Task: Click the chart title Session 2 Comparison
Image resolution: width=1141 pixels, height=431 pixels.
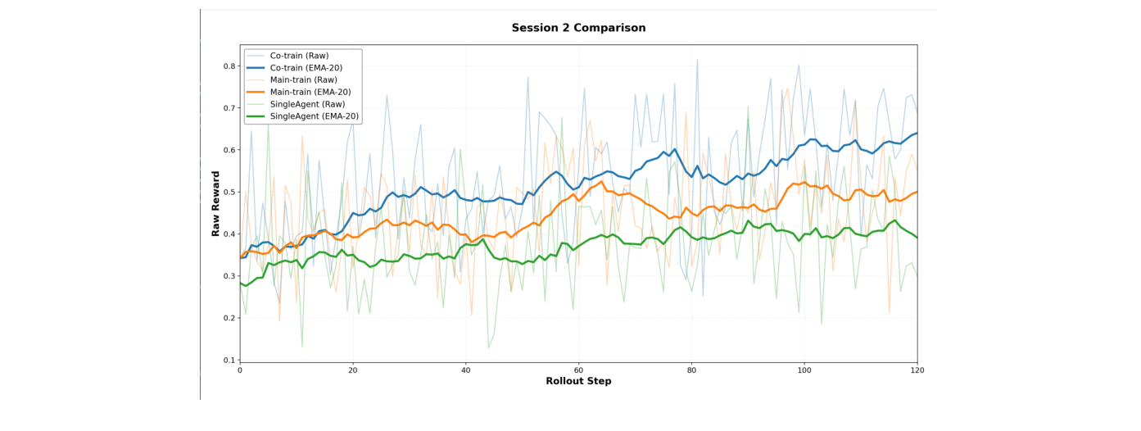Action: pyautogui.click(x=578, y=28)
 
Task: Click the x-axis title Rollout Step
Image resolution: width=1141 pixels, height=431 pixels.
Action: pyautogui.click(x=578, y=381)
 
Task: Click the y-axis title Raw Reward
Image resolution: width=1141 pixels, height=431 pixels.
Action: pyautogui.click(x=216, y=204)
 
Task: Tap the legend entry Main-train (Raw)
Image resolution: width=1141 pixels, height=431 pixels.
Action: pyautogui.click(x=303, y=80)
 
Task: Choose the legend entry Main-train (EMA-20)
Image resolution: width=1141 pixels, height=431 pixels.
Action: pyautogui.click(x=310, y=93)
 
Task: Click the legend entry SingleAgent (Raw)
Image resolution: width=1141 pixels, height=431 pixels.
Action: pyautogui.click(x=307, y=105)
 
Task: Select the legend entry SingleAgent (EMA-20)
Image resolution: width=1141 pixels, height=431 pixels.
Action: pyautogui.click(x=314, y=117)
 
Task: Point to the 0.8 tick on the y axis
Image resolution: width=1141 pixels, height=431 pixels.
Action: pyautogui.click(x=229, y=66)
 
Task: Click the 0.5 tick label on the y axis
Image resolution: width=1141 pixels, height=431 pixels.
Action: pyautogui.click(x=229, y=192)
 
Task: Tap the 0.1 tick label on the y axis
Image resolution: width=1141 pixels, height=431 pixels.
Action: pyautogui.click(x=229, y=360)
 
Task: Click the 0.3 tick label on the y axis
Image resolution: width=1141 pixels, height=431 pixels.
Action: pyautogui.click(x=229, y=276)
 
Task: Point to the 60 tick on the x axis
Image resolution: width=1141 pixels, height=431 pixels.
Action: pyautogui.click(x=578, y=370)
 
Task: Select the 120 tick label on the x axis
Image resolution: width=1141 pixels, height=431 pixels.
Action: pyautogui.click(x=917, y=370)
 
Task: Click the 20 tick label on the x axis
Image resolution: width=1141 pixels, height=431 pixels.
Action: pyautogui.click(x=352, y=370)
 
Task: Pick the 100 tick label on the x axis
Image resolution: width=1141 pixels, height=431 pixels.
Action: pyautogui.click(x=804, y=370)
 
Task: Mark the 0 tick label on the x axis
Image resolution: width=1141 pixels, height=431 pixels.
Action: pyautogui.click(x=240, y=370)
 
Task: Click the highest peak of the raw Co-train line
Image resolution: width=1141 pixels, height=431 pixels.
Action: pyautogui.click(x=697, y=59)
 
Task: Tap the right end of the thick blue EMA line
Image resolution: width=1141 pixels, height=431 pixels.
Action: pyautogui.click(x=917, y=133)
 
